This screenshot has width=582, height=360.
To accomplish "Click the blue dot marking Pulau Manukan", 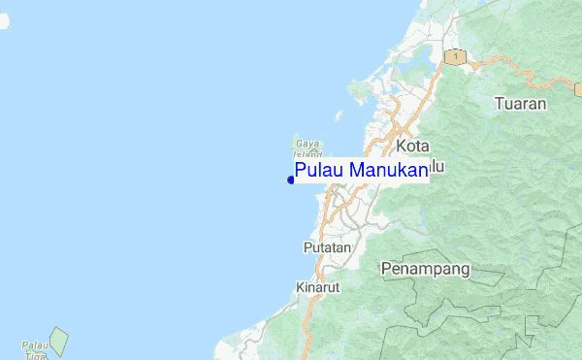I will (x=291, y=179).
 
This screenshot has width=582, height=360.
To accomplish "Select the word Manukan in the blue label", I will (x=387, y=171).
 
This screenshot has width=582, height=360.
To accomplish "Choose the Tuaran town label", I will (x=520, y=103).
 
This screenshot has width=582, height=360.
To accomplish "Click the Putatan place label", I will (x=327, y=247).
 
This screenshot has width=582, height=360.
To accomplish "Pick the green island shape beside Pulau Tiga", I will (x=59, y=340).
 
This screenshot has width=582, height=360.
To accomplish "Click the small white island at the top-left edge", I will (x=3, y=19).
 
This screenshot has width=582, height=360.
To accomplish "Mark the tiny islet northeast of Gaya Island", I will (x=339, y=115).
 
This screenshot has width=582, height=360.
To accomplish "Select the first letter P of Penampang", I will (x=386, y=268).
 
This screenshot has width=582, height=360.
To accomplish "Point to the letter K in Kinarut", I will (x=299, y=287).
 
